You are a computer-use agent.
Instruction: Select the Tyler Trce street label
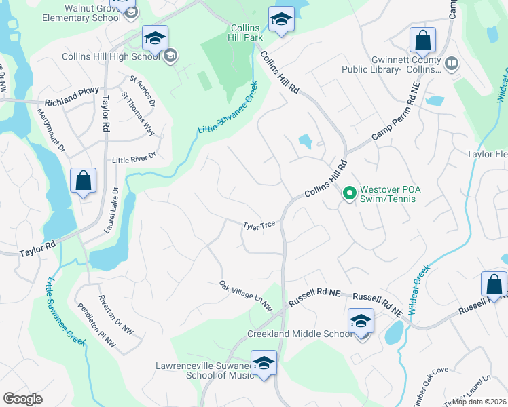[x=259, y=225]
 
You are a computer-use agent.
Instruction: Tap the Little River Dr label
[x=134, y=157]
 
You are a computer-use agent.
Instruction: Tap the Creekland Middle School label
[x=300, y=334]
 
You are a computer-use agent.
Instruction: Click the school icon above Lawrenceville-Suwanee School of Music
[x=264, y=363]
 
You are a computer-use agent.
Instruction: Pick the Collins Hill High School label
[x=111, y=56]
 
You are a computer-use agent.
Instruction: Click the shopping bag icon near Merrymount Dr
[x=83, y=182]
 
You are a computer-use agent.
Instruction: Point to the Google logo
[x=22, y=398]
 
